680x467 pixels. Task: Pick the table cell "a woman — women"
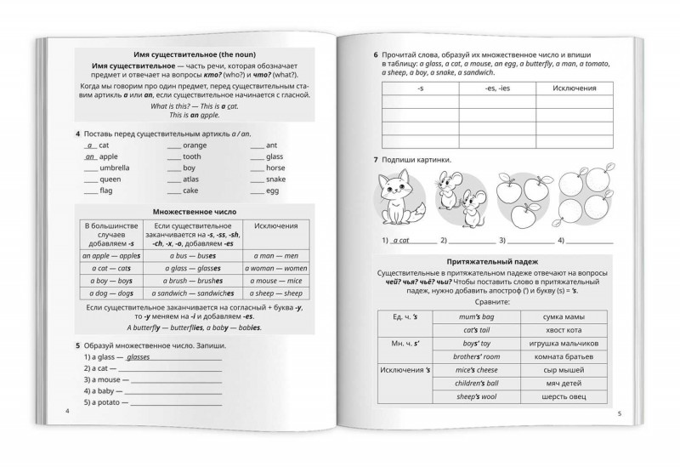coord(278,268)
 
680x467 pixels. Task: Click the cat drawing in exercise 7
coord(393,197)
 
